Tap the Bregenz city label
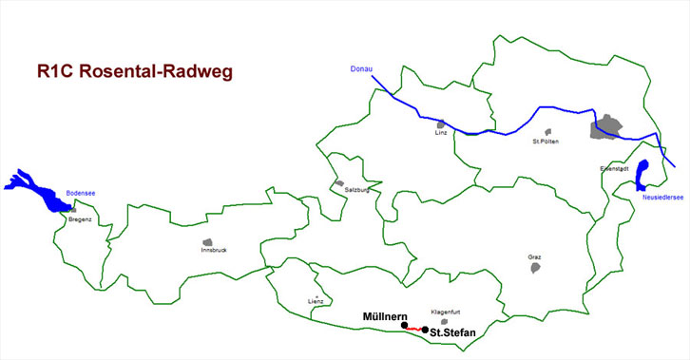pos(80,219)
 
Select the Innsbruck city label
pos(214,250)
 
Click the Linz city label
pos(441,133)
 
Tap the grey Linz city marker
pos(440,124)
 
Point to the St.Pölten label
pos(546,142)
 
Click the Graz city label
pos(534,256)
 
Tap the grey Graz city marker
pos(535,268)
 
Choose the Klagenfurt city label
pos(446,312)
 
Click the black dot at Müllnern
pos(405,326)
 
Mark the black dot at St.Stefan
pos(425,330)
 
